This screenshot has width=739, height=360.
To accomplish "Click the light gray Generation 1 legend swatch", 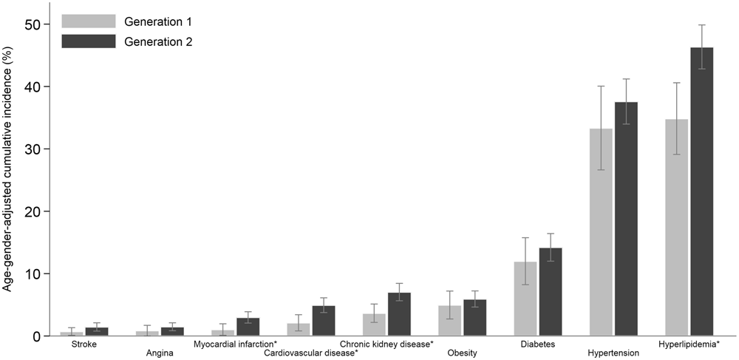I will click(x=88, y=20).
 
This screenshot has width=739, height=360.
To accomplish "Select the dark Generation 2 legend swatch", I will click(x=88, y=42).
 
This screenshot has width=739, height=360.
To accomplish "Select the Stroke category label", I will click(x=84, y=344).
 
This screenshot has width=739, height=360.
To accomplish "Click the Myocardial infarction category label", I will click(x=235, y=344).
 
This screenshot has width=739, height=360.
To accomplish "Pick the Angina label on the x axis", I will click(x=160, y=353).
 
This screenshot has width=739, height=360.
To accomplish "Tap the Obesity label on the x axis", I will click(x=462, y=353).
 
